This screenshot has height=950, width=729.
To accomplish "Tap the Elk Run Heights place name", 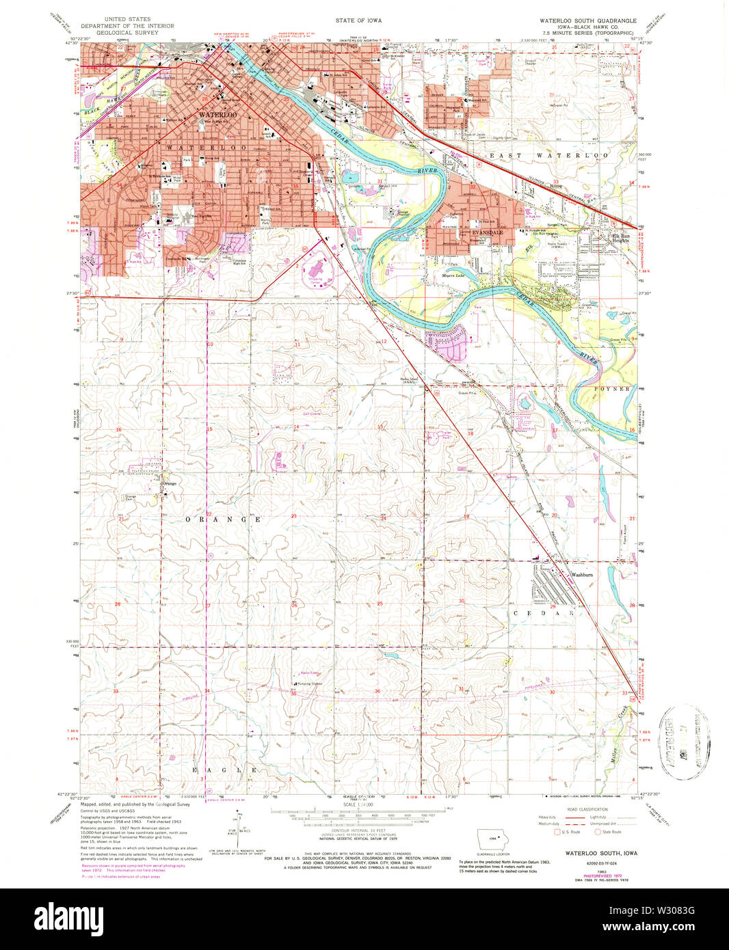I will point(620,239).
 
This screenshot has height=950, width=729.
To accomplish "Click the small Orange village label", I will point(168,483).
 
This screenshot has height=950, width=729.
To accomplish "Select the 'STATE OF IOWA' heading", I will point(358,21).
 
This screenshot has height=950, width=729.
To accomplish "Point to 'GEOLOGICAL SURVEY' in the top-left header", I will point(127,32).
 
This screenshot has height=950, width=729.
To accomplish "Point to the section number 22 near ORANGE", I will point(209,514).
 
